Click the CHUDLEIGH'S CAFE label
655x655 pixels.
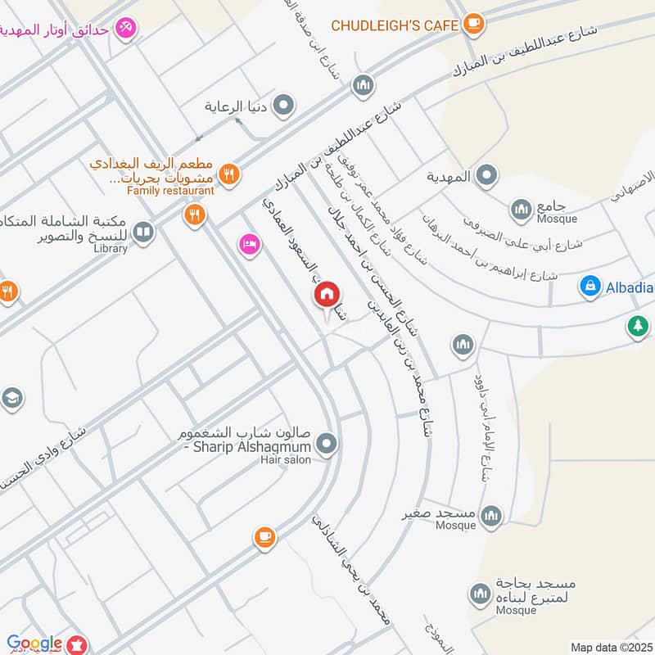click(x=395, y=25)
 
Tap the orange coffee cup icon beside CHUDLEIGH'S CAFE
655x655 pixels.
click(x=472, y=25)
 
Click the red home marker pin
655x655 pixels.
click(x=327, y=293)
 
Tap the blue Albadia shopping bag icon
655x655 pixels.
click(x=589, y=286)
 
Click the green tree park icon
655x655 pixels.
click(x=637, y=326)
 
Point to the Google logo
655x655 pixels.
click(x=34, y=644)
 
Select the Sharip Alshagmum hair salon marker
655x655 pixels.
click(x=327, y=445)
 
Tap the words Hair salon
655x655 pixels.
click(x=287, y=461)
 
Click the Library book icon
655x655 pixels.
click(x=143, y=233)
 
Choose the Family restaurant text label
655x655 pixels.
click(x=170, y=191)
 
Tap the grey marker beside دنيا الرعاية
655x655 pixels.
click(x=283, y=105)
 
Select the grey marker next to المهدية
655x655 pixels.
click(x=487, y=175)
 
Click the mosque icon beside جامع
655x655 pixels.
click(x=521, y=210)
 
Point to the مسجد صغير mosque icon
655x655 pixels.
click(x=490, y=515)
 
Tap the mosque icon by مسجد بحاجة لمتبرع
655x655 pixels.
click(x=480, y=593)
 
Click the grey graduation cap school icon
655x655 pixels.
click(x=11, y=399)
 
